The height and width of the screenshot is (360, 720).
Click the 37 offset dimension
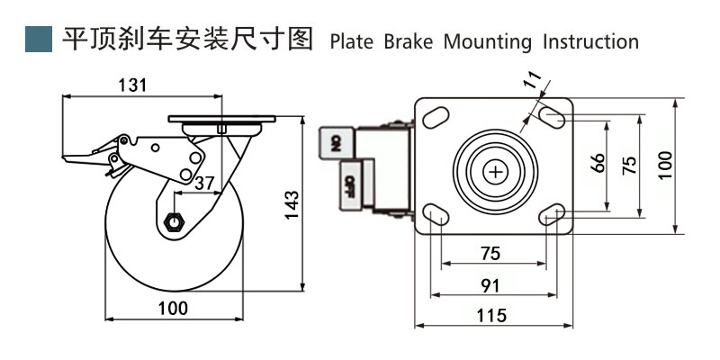tap(204, 183)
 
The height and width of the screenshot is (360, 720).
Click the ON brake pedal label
tap(334, 142)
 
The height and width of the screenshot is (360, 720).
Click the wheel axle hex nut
tap(175, 220)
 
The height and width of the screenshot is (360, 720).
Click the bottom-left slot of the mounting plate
tap(436, 213)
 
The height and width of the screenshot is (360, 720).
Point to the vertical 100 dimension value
tap(665, 166)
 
